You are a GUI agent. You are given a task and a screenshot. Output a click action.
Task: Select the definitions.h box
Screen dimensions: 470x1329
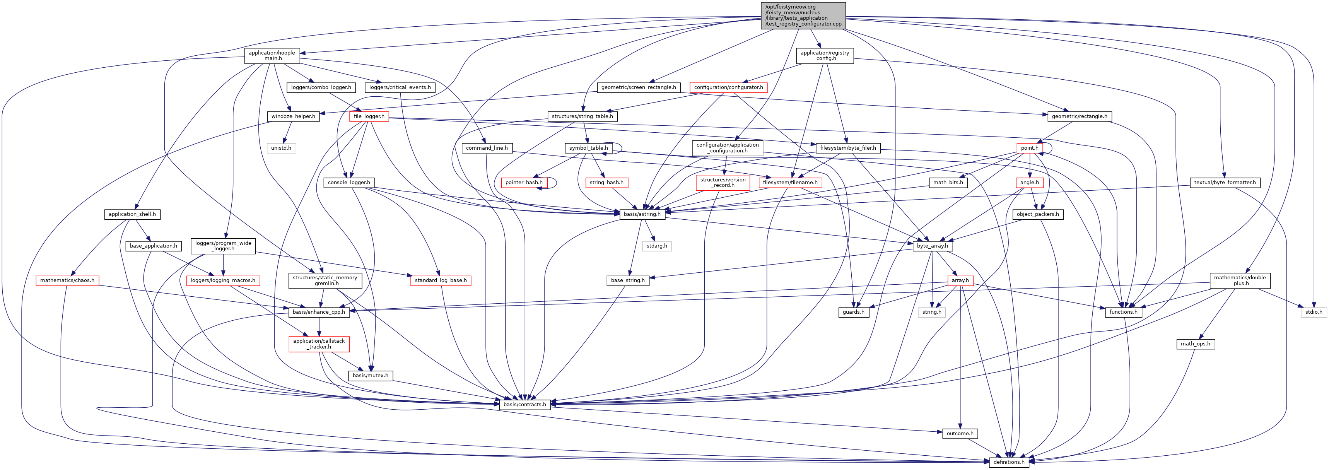click(x=1009, y=462)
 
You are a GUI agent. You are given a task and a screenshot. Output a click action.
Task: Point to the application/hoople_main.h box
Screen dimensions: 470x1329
click(x=272, y=56)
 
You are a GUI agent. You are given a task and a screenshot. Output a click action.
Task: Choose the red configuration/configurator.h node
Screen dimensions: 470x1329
click(x=728, y=88)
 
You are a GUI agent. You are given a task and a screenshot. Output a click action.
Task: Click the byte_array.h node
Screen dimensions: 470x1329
click(x=932, y=246)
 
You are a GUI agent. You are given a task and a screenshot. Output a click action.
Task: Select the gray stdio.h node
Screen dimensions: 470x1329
click(x=1314, y=312)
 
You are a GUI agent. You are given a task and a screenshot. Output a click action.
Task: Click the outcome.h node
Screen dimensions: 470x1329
click(x=960, y=433)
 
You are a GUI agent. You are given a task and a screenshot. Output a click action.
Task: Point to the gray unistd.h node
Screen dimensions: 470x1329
click(x=281, y=148)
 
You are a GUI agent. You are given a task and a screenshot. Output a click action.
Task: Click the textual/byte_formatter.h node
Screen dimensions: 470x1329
click(x=1225, y=183)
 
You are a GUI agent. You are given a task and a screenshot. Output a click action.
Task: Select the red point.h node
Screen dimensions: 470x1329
click(x=1029, y=148)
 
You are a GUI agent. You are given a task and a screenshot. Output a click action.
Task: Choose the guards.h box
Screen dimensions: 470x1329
click(x=853, y=312)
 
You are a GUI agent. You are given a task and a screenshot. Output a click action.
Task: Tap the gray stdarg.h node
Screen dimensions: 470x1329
click(x=657, y=246)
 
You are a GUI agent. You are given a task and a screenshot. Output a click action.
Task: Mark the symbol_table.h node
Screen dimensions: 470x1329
click(x=588, y=148)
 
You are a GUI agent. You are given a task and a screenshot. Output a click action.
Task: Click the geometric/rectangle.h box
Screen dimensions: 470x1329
click(x=1079, y=116)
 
